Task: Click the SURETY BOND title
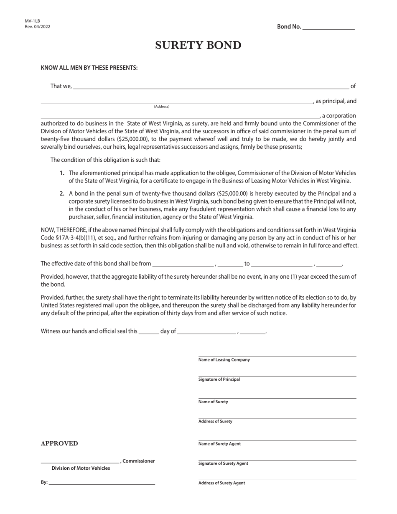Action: (x=198, y=46)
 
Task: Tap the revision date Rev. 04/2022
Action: (x=38, y=27)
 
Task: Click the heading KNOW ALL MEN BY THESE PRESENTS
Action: (x=89, y=68)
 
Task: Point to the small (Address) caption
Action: (x=162, y=107)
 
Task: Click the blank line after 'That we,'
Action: (x=211, y=87)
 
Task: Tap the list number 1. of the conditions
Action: (x=62, y=173)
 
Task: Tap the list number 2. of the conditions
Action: (x=62, y=193)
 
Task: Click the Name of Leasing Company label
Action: (x=224, y=360)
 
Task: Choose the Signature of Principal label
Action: (x=219, y=379)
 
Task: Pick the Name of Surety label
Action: (x=213, y=402)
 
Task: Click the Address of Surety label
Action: (x=215, y=421)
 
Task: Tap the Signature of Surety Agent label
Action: (x=223, y=463)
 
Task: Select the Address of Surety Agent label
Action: (x=221, y=483)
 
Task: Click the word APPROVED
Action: (x=59, y=444)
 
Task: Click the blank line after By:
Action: (x=102, y=483)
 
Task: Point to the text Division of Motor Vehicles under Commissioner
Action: (x=81, y=468)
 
